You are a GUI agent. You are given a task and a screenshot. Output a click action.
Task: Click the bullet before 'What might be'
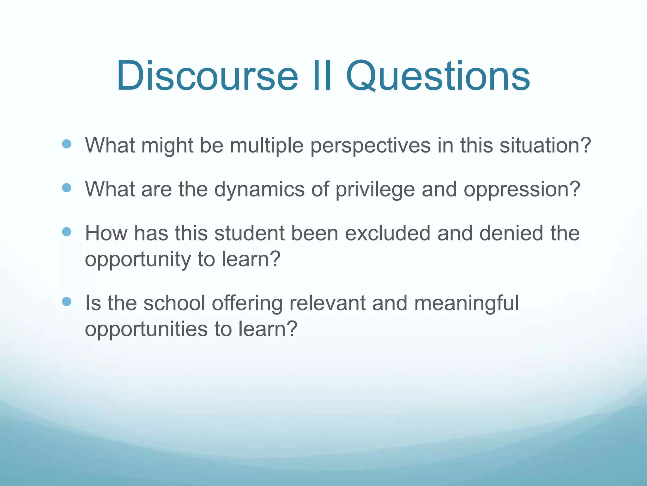click(67, 145)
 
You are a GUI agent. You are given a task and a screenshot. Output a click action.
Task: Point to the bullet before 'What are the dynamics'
click(67, 188)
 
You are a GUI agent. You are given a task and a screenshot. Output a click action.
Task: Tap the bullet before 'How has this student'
click(67, 232)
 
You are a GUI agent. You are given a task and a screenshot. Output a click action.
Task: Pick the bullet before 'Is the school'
click(67, 302)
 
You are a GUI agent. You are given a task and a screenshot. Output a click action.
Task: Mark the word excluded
click(388, 233)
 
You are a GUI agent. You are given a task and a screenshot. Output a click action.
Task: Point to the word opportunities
click(146, 329)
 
